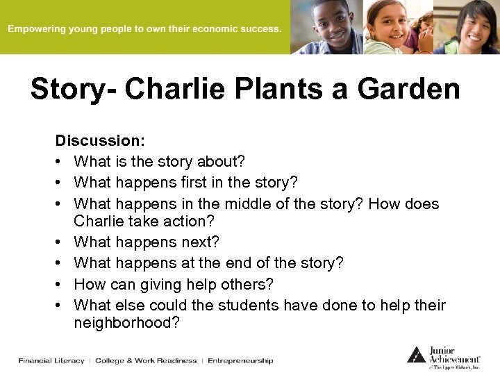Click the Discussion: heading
pyautogui.click(x=100, y=140)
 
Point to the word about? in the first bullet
pyautogui.click(x=222, y=162)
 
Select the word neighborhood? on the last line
pyautogui.click(x=126, y=322)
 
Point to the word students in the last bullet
pyautogui.click(x=251, y=305)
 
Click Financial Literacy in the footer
pyautogui.click(x=51, y=360)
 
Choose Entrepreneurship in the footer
pyautogui.click(x=240, y=360)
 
